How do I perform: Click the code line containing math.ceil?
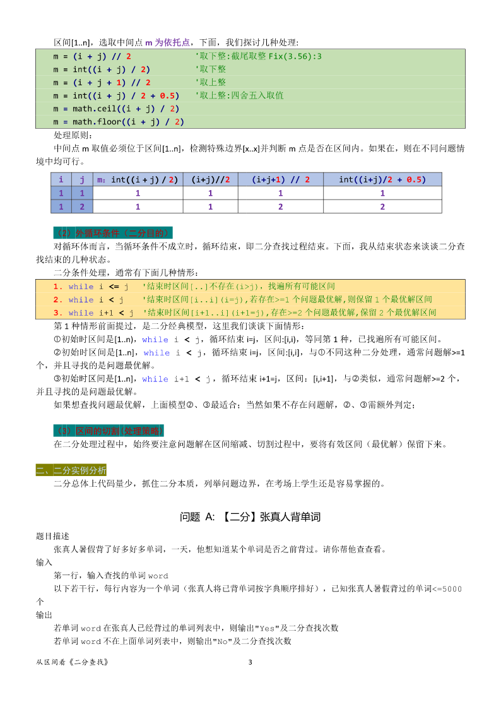tap(117, 109)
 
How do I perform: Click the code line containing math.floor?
tap(119, 122)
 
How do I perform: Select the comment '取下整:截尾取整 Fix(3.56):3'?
tap(258, 56)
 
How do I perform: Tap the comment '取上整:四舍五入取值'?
tap(239, 95)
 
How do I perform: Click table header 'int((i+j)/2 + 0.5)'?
tap(382, 179)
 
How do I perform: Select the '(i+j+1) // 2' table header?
tap(281, 179)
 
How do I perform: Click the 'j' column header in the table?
tap(82, 179)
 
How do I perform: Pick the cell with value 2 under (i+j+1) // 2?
tap(281, 206)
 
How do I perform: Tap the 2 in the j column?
tap(82, 206)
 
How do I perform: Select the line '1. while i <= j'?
tap(91, 287)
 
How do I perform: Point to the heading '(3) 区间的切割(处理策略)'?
tap(109, 431)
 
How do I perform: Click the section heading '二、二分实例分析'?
tap(71, 470)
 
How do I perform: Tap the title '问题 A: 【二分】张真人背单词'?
tap(250, 517)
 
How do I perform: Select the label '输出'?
tap(44, 614)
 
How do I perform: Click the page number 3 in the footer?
tap(250, 662)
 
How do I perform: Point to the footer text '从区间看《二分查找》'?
tap(73, 662)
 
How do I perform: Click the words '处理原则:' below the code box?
tap(73, 135)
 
